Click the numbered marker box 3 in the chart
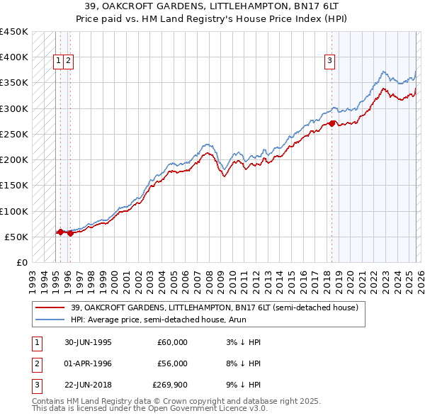(330, 61)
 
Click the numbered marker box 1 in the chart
(58, 61)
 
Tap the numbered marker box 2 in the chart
(67, 61)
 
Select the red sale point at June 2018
(331, 123)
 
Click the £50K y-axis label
(16, 237)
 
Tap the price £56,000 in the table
(172, 363)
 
